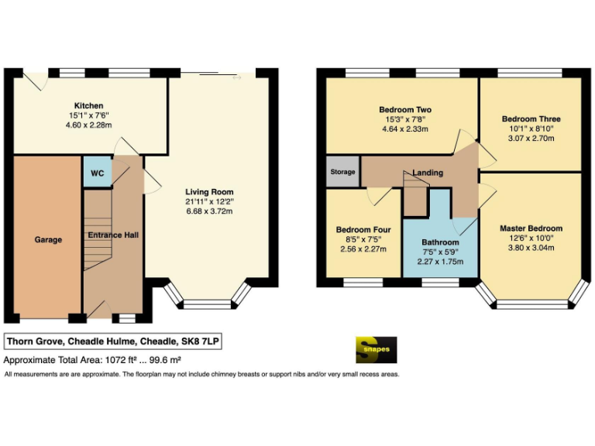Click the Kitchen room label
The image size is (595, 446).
[x=88, y=105]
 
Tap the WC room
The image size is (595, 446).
[x=97, y=173]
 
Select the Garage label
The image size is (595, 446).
[x=47, y=240]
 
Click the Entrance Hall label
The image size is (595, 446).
[x=113, y=235]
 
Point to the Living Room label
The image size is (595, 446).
[x=208, y=192]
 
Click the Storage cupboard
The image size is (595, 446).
[x=342, y=172]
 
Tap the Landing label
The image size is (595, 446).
[x=428, y=173]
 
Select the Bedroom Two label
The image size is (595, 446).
[x=405, y=110]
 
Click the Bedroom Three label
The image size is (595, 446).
[x=531, y=119]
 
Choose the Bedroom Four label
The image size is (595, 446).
[x=363, y=230]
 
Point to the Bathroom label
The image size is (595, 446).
[x=440, y=242]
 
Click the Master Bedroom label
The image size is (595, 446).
[x=531, y=228]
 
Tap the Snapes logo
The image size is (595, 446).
[x=377, y=349]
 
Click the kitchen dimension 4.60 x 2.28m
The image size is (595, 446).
[x=88, y=125]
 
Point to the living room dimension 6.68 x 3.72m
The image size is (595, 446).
[x=208, y=211]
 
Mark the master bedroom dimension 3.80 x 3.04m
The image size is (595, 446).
[x=531, y=248]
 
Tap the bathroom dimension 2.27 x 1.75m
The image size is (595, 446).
[x=440, y=262]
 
